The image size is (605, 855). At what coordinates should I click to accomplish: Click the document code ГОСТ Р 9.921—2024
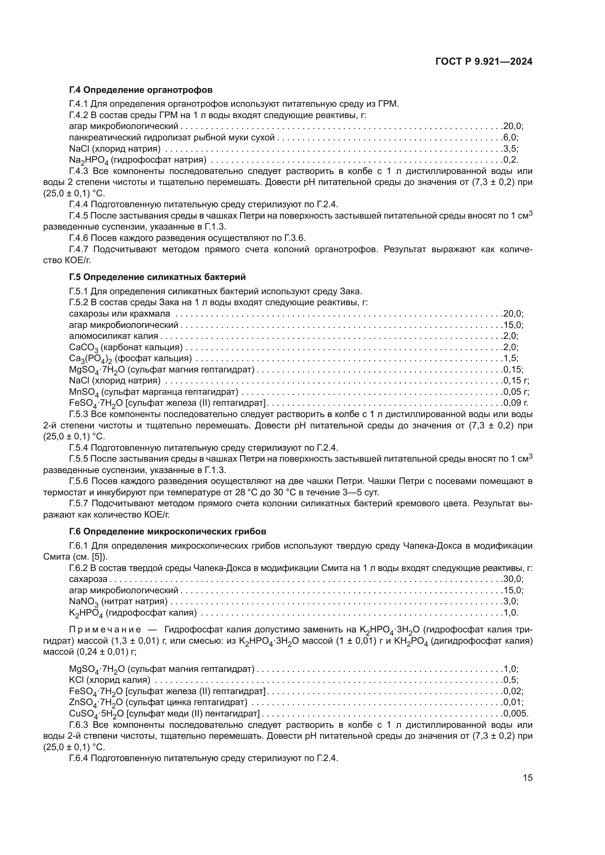click(484, 62)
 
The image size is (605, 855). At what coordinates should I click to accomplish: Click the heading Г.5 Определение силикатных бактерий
click(157, 277)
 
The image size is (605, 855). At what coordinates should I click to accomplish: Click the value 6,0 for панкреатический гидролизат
click(510, 137)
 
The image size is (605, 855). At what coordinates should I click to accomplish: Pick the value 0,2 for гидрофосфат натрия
click(510, 160)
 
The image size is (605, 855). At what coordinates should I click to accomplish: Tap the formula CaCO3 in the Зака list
click(83, 348)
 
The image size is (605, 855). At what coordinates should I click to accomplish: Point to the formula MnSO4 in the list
click(84, 392)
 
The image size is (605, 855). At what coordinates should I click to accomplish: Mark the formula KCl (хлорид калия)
click(77, 680)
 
